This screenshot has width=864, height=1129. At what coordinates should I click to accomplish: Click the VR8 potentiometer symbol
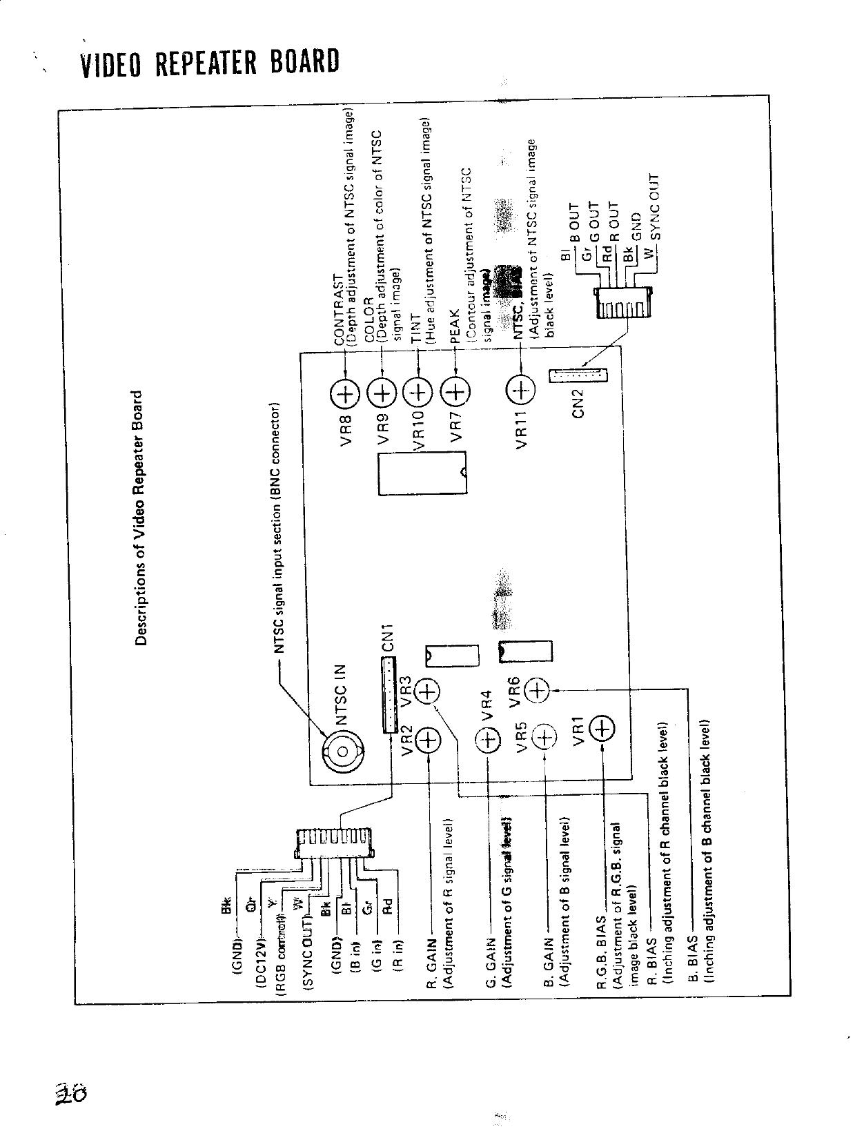pyautogui.click(x=345, y=394)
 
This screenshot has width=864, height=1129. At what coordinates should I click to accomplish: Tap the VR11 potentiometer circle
pyautogui.click(x=521, y=391)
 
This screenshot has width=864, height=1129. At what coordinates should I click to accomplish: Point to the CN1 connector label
pyautogui.click(x=387, y=638)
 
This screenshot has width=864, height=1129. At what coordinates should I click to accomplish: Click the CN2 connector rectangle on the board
pyautogui.click(x=579, y=375)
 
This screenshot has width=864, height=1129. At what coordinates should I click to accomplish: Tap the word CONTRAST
pyautogui.click(x=339, y=309)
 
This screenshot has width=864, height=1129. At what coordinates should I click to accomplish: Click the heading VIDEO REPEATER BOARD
pyautogui.click(x=210, y=63)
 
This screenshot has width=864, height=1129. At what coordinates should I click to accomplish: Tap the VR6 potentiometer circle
pyautogui.click(x=538, y=689)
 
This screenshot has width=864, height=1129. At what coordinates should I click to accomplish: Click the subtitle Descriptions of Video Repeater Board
pyautogui.click(x=141, y=518)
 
